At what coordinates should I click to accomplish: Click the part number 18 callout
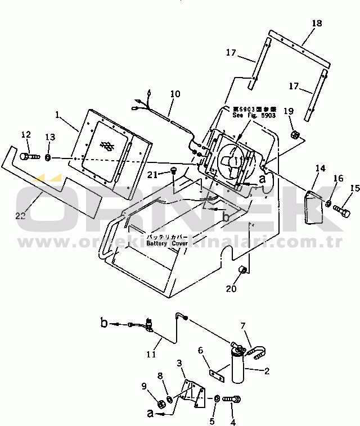[x=317, y=23]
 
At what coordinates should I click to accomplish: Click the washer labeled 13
[x=48, y=156]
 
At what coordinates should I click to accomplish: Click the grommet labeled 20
[x=244, y=271]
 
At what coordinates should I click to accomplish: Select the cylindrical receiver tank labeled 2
[x=237, y=365]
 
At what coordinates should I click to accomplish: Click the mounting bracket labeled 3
[x=190, y=391]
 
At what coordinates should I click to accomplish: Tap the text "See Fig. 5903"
[x=253, y=115]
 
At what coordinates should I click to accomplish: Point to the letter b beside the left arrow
[x=104, y=323]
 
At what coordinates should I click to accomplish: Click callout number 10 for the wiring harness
[x=175, y=94]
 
